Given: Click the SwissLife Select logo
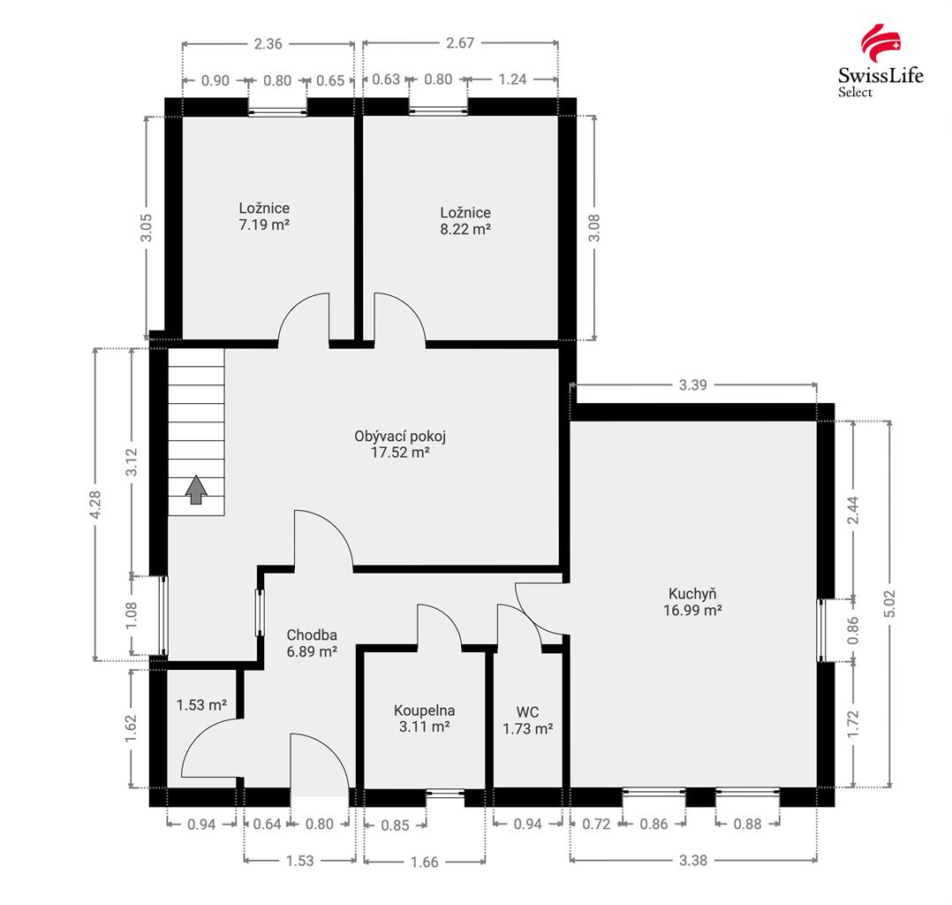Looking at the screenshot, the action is tap(880, 61).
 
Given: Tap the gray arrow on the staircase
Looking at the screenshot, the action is tap(196, 490).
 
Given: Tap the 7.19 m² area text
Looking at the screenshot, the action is tap(264, 224).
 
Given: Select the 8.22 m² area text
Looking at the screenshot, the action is tap(465, 229).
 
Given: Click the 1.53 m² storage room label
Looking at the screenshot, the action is tap(201, 705).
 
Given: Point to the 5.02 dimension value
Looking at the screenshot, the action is tap(890, 604).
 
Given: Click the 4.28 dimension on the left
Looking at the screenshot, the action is tap(95, 505).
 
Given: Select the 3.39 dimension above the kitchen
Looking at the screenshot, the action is tap(692, 384).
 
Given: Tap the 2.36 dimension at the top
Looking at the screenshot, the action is tap(268, 44).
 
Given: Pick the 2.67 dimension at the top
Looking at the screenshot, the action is tap(459, 42).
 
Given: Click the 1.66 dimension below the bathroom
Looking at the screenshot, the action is tap(425, 862).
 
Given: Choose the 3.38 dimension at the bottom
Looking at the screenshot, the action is tap(692, 860).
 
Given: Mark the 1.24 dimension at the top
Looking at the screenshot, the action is tap(512, 79).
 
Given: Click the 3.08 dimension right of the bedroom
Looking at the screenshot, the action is tap(594, 228).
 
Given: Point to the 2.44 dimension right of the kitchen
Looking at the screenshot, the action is tap(853, 511).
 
